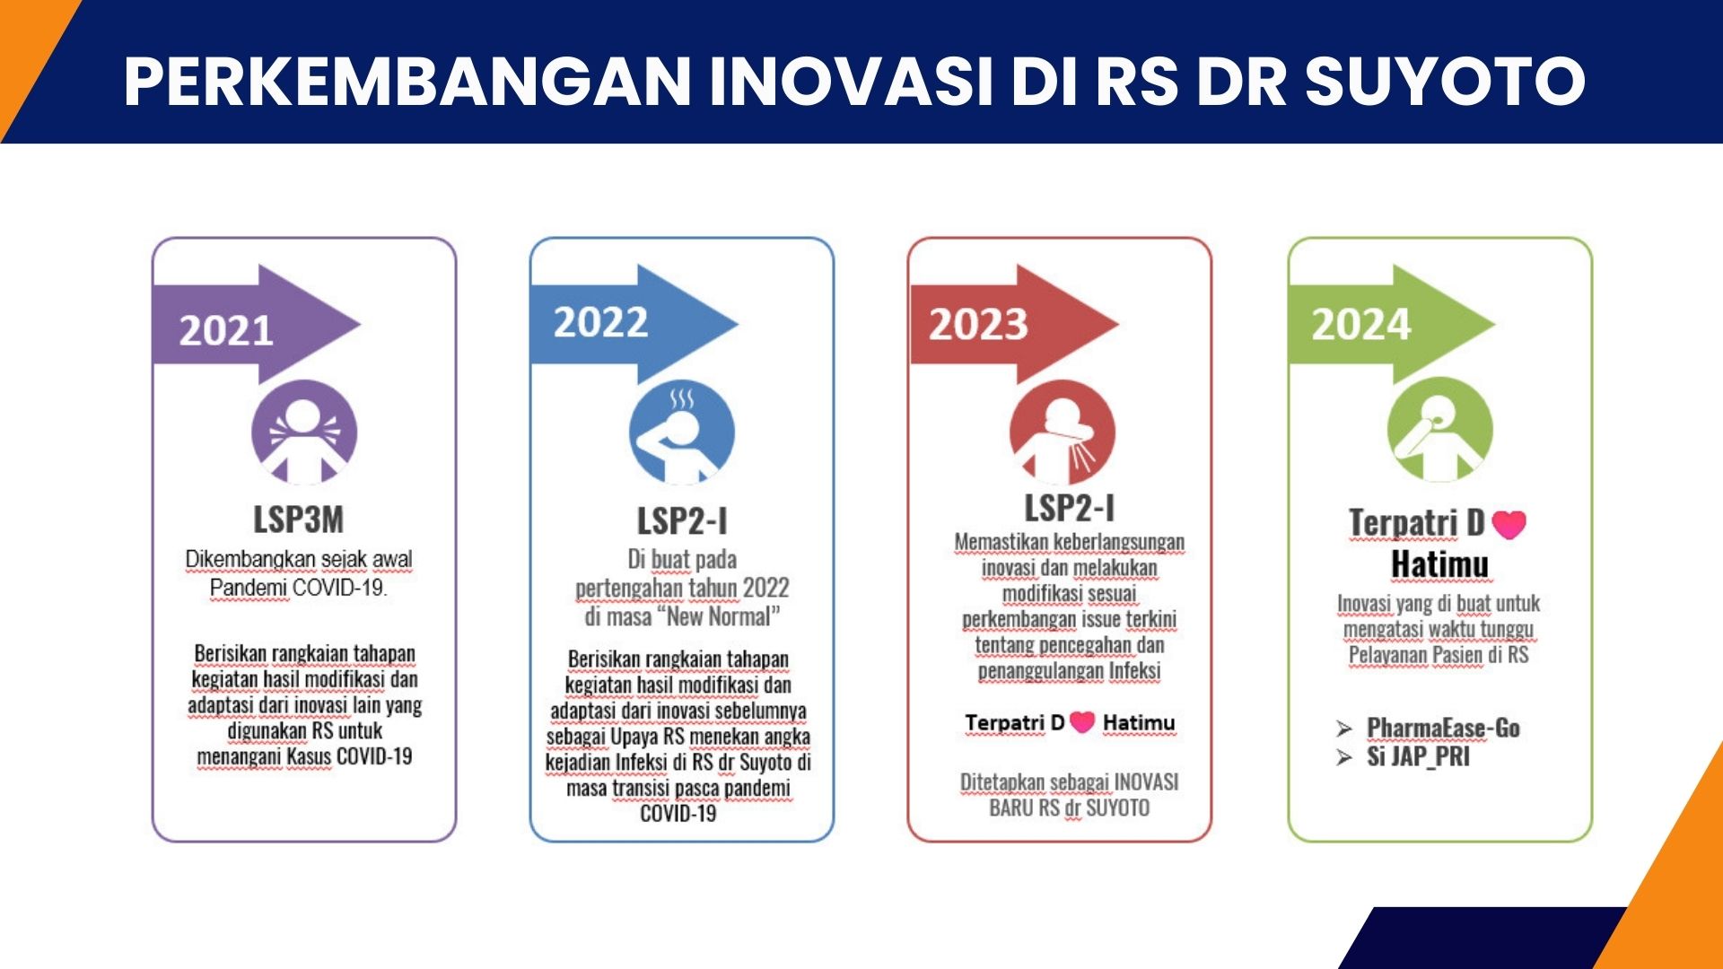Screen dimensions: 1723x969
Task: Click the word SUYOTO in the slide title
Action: click(x=1445, y=81)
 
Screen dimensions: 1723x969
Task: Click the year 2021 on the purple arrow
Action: click(x=226, y=330)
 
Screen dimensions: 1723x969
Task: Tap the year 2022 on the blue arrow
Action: click(x=600, y=322)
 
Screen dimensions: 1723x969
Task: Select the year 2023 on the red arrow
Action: click(x=978, y=324)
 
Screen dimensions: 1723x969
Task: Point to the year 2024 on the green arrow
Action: click(x=1361, y=324)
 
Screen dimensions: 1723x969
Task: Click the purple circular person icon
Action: click(x=304, y=432)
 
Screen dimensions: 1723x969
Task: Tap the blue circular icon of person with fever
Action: click(x=682, y=432)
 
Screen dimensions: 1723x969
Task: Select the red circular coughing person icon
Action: click(x=1063, y=432)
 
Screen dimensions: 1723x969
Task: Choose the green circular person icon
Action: click(x=1440, y=429)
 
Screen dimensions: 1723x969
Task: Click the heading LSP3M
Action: click(x=298, y=519)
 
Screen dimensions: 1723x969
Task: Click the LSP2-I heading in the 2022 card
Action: click(x=682, y=521)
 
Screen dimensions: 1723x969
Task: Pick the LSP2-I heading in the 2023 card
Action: click(x=1070, y=508)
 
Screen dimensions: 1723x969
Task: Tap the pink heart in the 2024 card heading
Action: click(x=1509, y=524)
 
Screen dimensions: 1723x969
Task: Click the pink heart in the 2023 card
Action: click(x=1083, y=721)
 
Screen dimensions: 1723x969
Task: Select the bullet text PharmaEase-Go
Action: click(x=1443, y=728)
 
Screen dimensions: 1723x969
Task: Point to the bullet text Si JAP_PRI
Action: click(x=1418, y=756)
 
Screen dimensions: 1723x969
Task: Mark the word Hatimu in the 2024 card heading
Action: click(x=1439, y=564)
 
